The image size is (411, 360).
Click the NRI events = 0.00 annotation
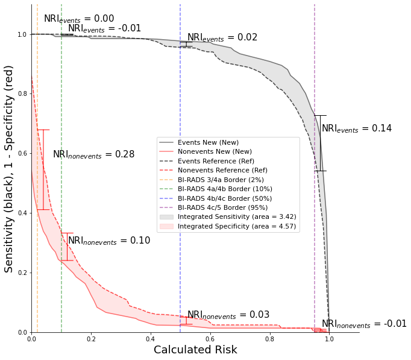[78, 19]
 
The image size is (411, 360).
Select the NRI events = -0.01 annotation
[104, 29]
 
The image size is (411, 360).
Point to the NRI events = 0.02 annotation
[222, 38]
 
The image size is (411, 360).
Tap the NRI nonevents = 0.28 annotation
[93, 155]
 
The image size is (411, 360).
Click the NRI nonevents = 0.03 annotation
[228, 315]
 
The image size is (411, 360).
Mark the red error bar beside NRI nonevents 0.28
[43, 169]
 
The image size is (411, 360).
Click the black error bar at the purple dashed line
[320, 143]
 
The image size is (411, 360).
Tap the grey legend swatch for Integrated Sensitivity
[166, 217]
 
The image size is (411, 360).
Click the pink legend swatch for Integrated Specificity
[166, 226]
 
